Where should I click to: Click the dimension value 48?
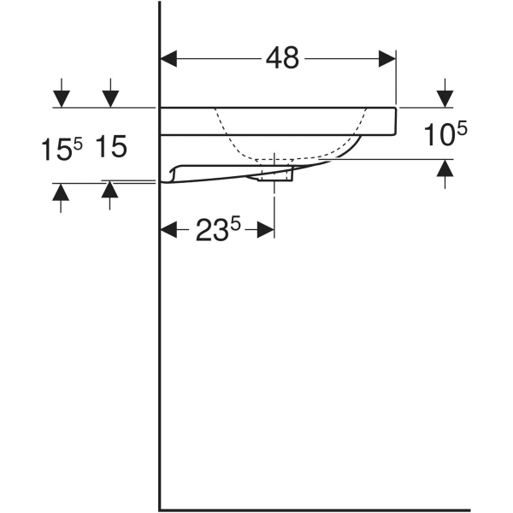pos(282,58)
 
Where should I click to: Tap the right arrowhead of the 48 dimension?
pos(388,58)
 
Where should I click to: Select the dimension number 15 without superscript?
pos(111,147)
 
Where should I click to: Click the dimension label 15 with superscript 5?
pos(62,149)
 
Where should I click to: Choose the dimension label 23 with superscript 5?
pos(219,230)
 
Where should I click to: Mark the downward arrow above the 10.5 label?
pos(445,92)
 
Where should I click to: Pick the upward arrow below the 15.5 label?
pos(61,197)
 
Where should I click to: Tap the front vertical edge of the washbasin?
pos(398,121)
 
